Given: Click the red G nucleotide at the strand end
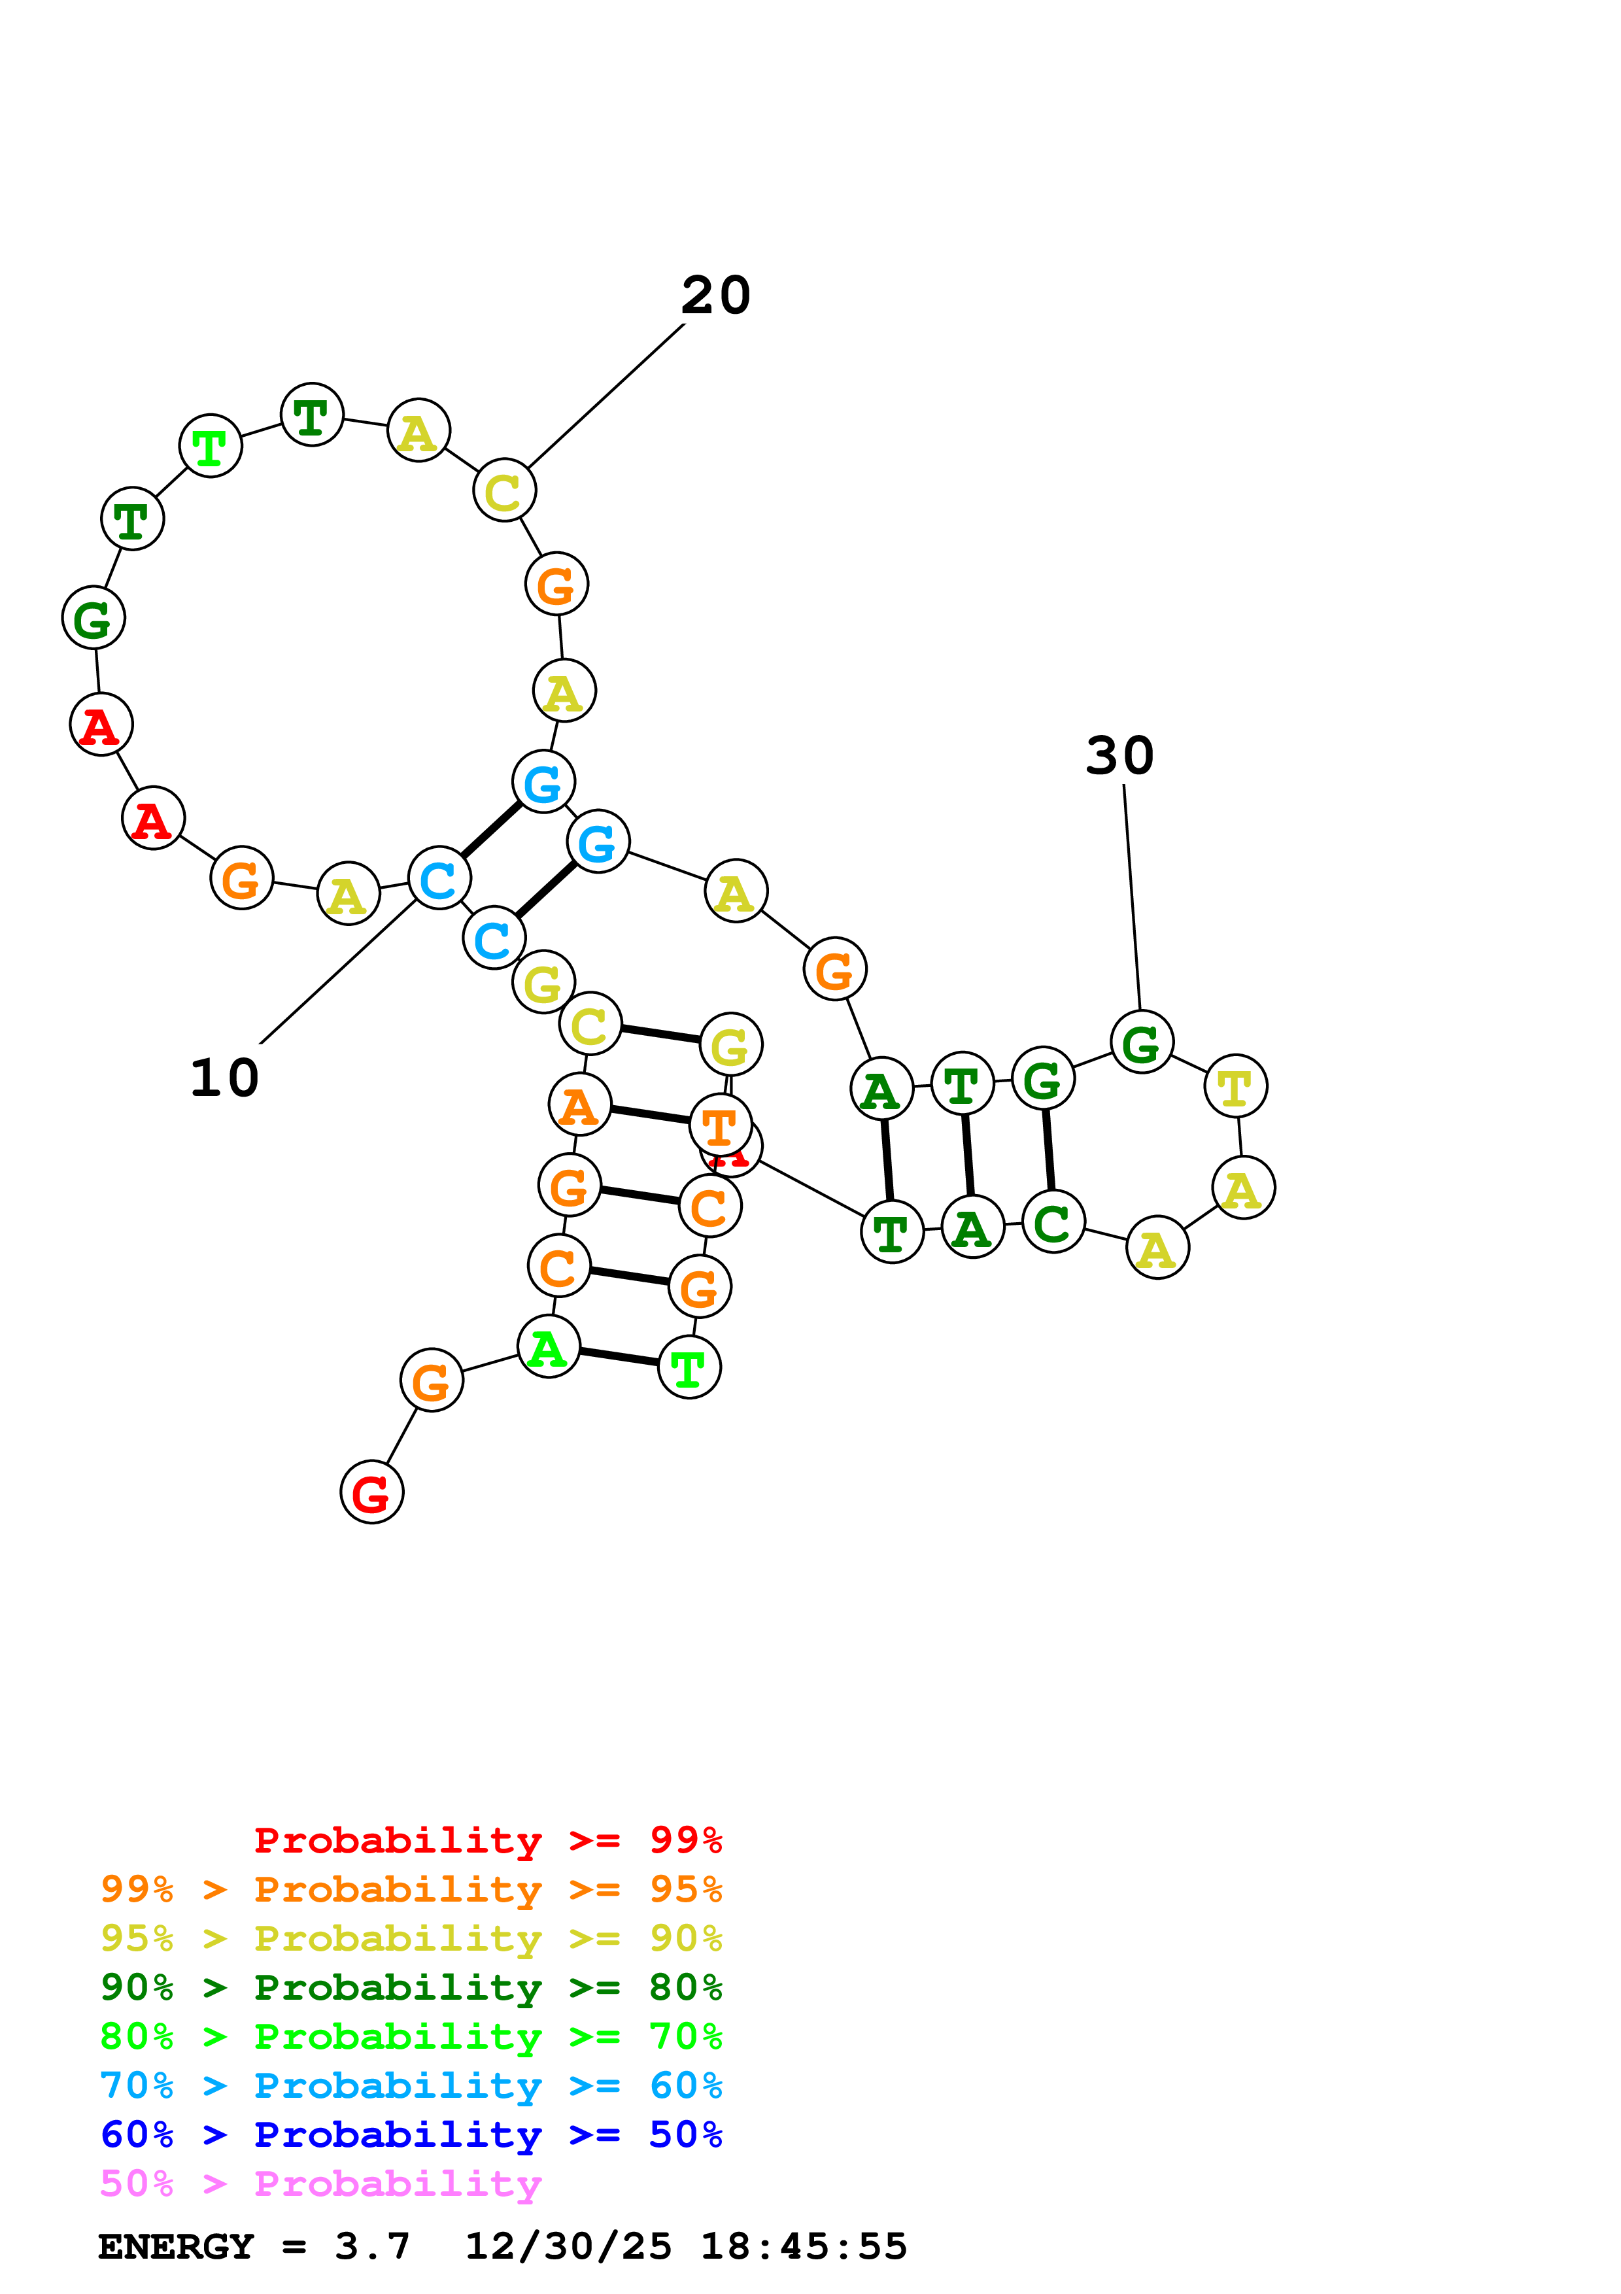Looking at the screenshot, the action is coord(371,1493).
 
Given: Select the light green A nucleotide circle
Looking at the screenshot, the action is coord(549,1347).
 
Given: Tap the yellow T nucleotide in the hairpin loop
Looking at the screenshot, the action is coord(1235,1086).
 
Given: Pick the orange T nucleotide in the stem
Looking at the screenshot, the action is coord(720,1126).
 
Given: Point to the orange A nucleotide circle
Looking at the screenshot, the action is coord(579,1105).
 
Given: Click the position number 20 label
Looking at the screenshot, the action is coord(715,296).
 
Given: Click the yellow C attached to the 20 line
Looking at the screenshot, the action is coord(503,490).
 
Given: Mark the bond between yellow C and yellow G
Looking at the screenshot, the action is coord(660,1034).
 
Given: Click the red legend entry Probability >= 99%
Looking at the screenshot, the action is coord(487,1840).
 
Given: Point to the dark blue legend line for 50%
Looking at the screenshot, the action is coord(411,2135).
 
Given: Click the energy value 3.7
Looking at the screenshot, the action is coord(371,2247).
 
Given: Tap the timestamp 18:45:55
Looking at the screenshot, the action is coord(803,2247).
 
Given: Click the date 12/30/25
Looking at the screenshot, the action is coord(568,2247).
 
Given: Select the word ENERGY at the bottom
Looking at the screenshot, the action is coord(176,2247).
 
